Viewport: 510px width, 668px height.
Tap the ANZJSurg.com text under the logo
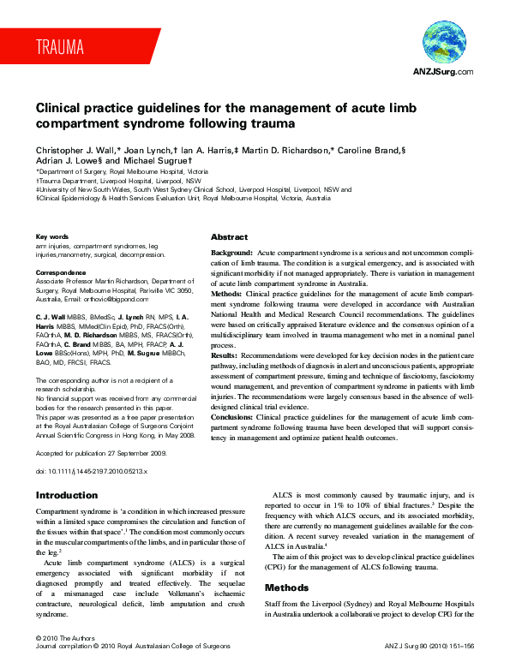click(443, 72)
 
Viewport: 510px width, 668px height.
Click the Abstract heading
click(229, 237)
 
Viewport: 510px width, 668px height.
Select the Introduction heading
click(66, 496)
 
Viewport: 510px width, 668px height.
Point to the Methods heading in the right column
click(287, 588)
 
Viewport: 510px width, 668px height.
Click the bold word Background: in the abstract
click(231, 254)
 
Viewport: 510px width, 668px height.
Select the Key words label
click(52, 236)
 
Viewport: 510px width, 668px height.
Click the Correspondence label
click(61, 272)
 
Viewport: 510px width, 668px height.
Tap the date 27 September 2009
click(141, 452)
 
